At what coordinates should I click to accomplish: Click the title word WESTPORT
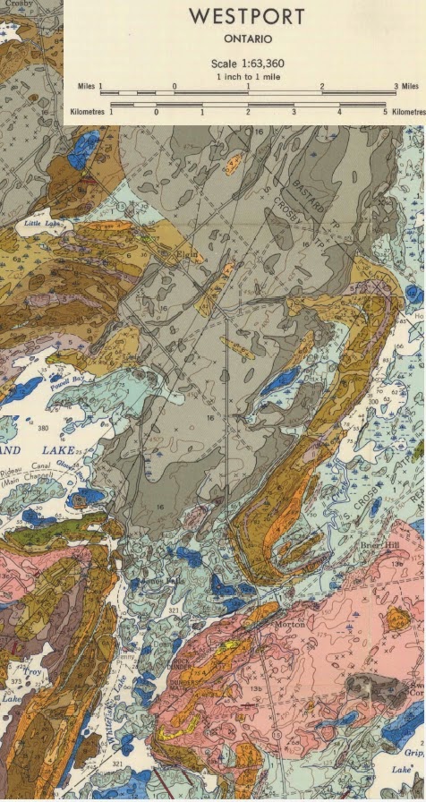(246, 17)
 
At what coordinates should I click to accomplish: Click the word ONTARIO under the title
(246, 39)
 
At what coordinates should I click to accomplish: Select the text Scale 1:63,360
(246, 64)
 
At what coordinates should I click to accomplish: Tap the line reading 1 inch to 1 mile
(246, 77)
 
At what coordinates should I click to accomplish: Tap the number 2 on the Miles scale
(321, 86)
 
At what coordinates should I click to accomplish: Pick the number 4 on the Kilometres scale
(339, 112)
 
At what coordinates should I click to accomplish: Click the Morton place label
(293, 623)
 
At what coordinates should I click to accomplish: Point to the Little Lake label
(41, 222)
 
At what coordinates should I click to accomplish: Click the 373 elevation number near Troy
(16, 682)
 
